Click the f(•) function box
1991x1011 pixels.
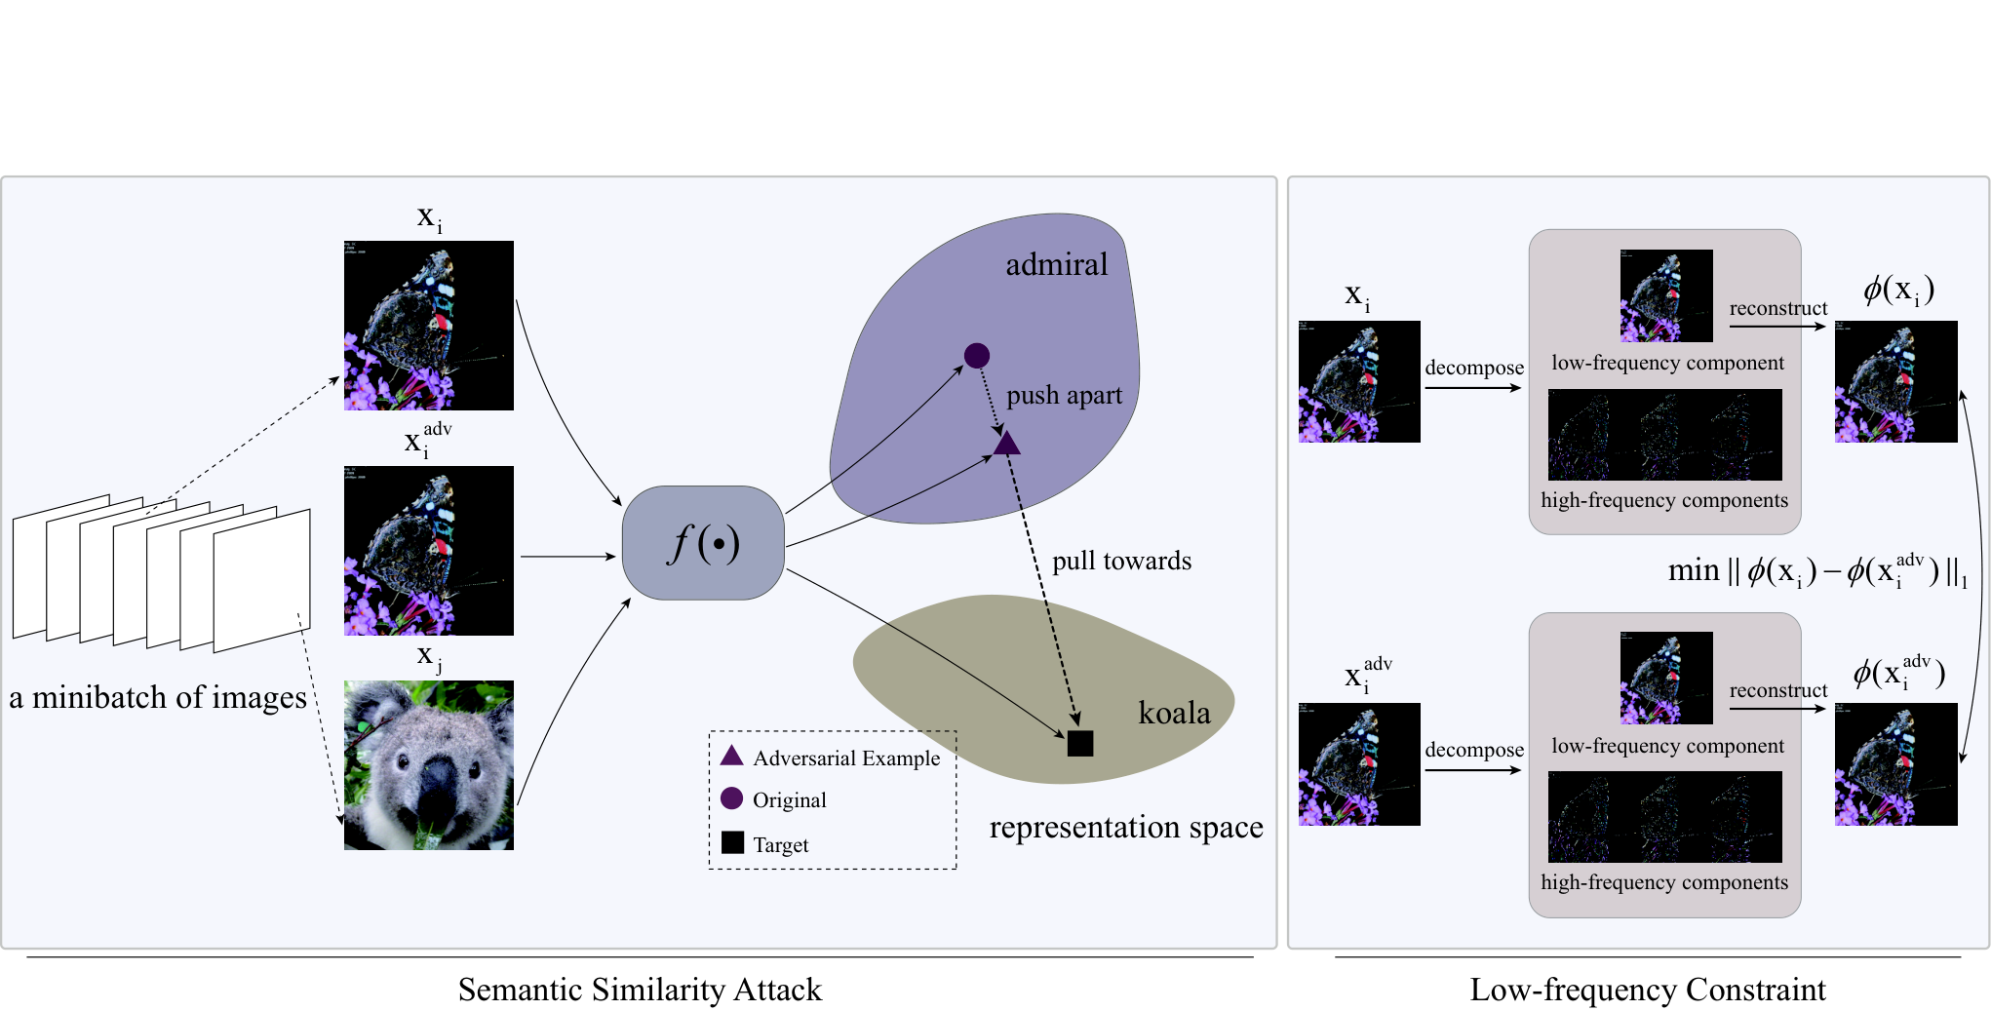pyautogui.click(x=703, y=542)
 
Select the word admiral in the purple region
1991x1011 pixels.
pyautogui.click(x=1056, y=264)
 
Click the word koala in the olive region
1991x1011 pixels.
pyautogui.click(x=1174, y=713)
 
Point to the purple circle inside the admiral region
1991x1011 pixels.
pyautogui.click(x=976, y=356)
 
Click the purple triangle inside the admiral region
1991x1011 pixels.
pyautogui.click(x=1006, y=444)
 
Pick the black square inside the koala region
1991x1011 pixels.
pyautogui.click(x=1080, y=743)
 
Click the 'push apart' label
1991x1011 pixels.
pyautogui.click(x=1064, y=396)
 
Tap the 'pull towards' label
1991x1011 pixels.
pyautogui.click(x=1121, y=561)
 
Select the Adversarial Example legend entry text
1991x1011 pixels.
pyautogui.click(x=846, y=758)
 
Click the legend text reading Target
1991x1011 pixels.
pyautogui.click(x=780, y=845)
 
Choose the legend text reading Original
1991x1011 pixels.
pyautogui.click(x=789, y=800)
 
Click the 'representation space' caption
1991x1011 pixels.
pyautogui.click(x=1126, y=828)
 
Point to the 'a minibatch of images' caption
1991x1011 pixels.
pyautogui.click(x=158, y=698)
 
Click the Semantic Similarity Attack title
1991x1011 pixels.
pyautogui.click(x=640, y=990)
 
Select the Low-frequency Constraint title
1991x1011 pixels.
pyautogui.click(x=1648, y=990)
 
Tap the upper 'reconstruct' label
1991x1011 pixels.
pyautogui.click(x=1778, y=308)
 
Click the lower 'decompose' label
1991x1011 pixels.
pyautogui.click(x=1474, y=750)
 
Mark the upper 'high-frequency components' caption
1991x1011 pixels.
pyautogui.click(x=1664, y=500)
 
